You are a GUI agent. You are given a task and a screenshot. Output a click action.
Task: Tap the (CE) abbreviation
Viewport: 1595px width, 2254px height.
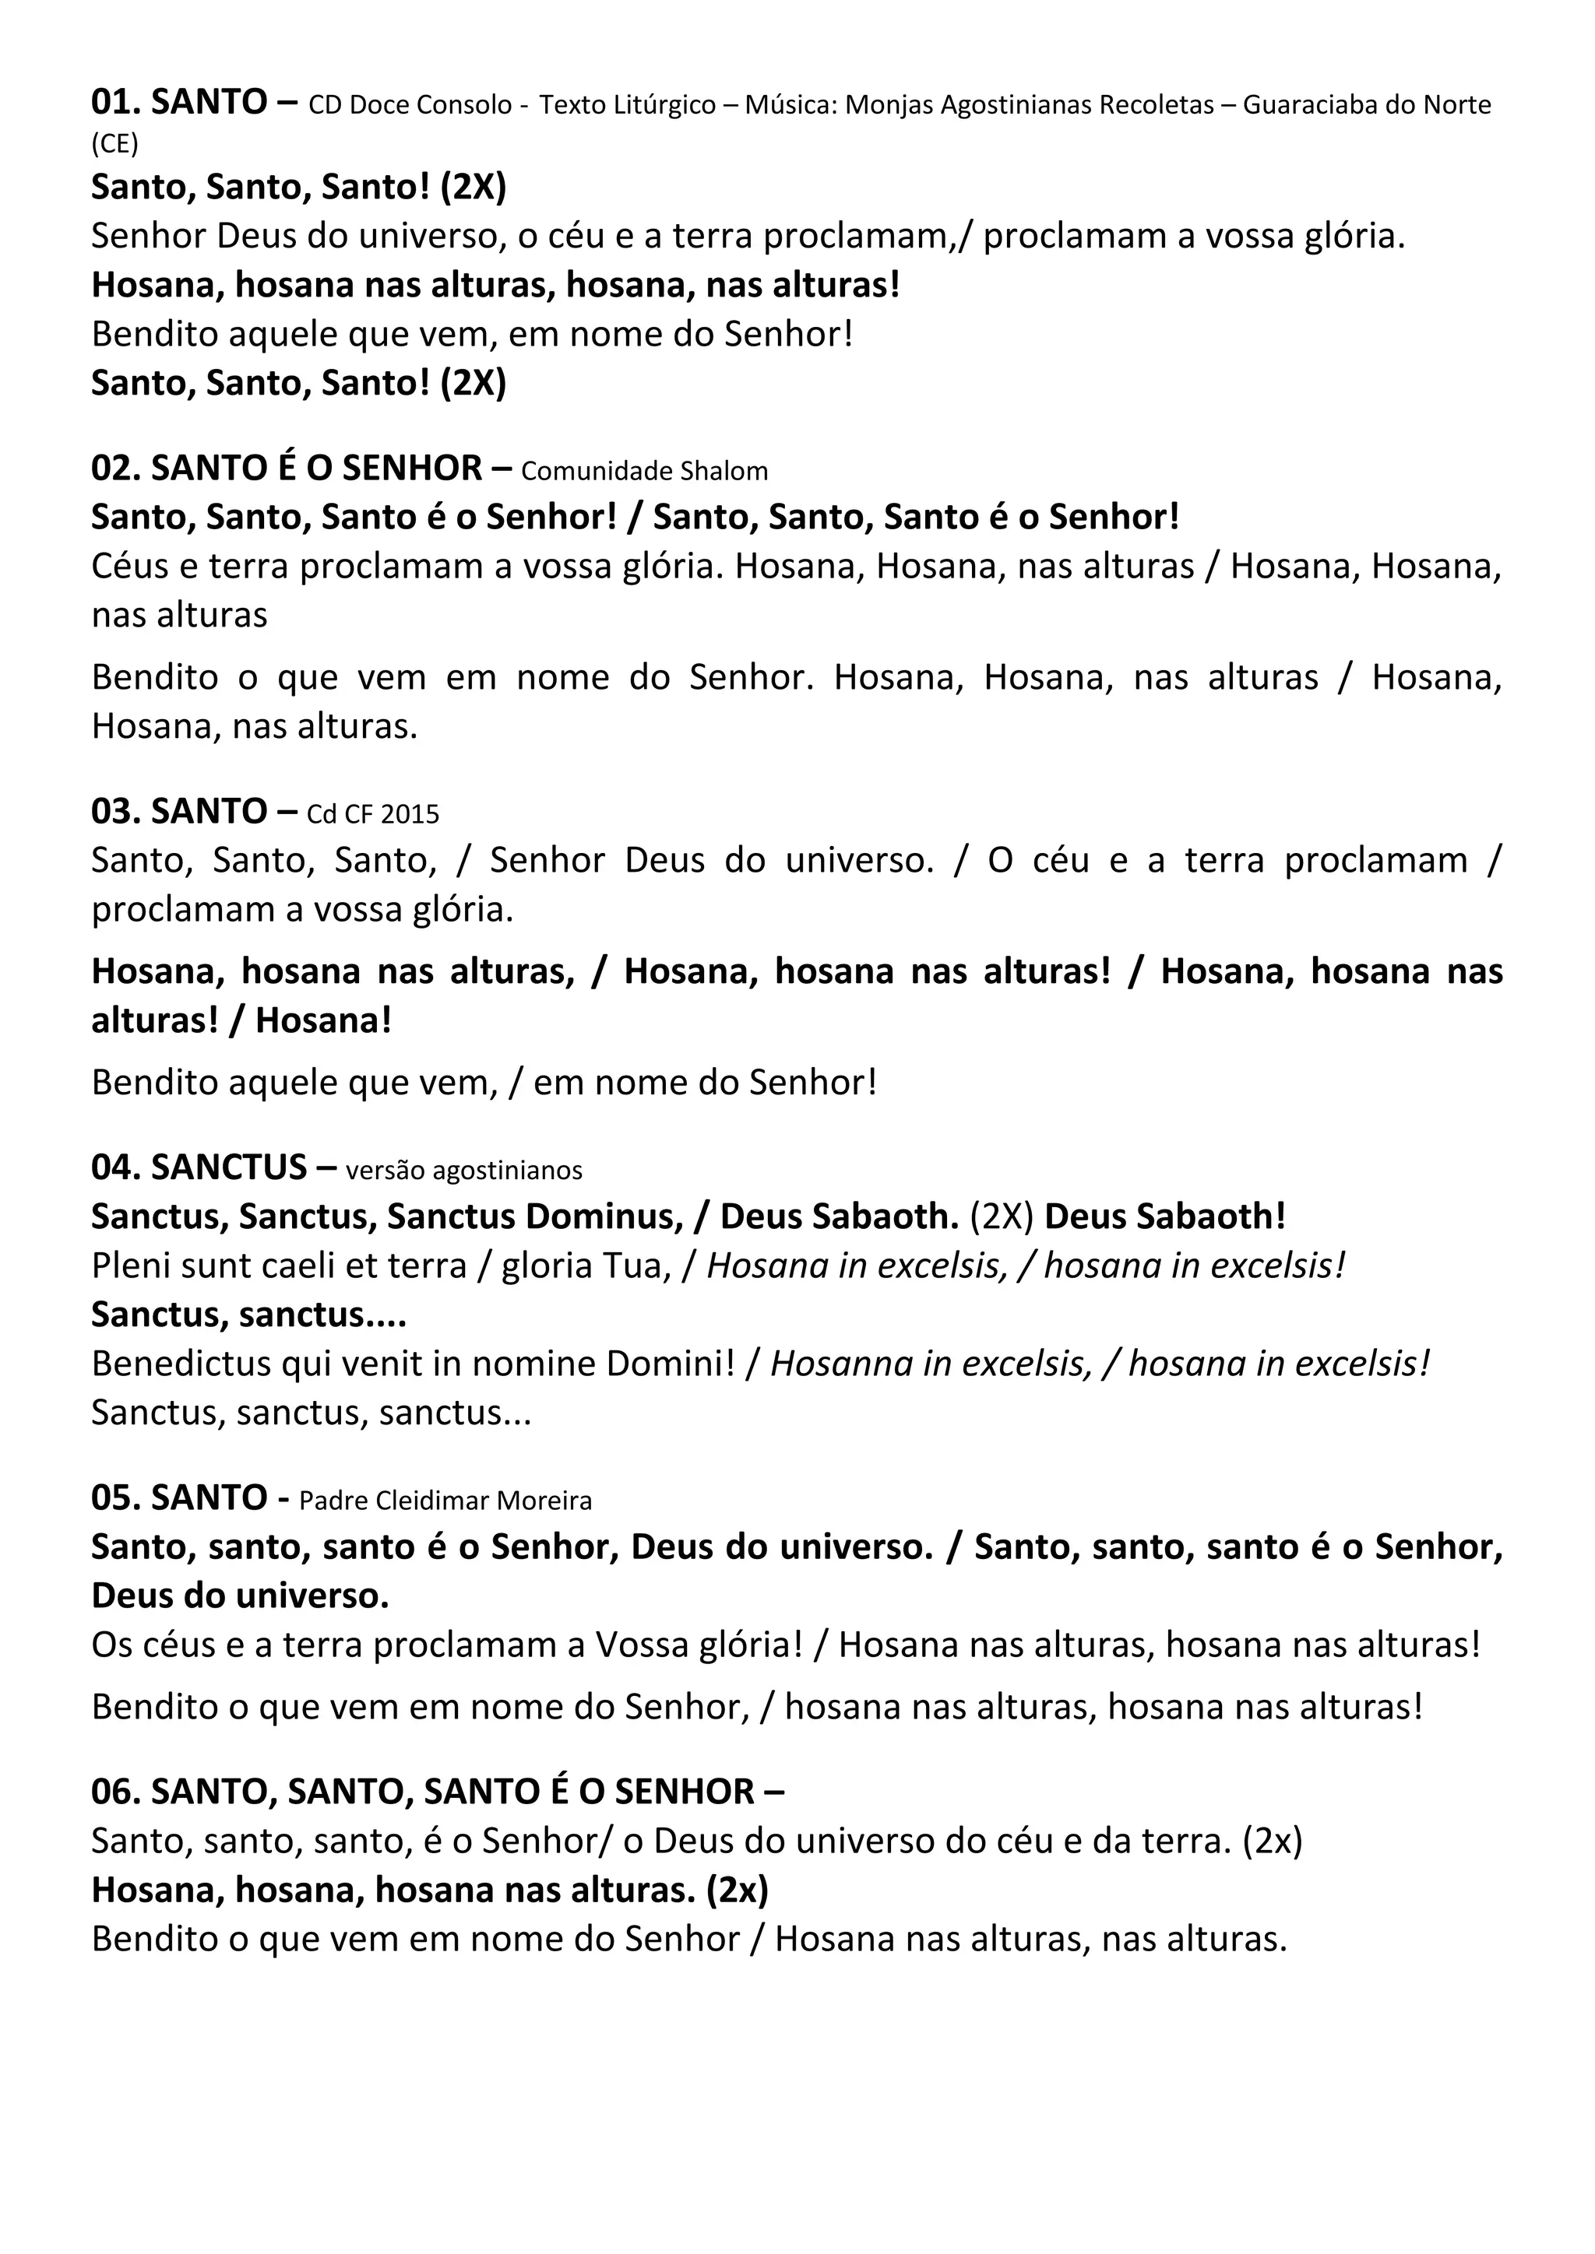[x=115, y=144]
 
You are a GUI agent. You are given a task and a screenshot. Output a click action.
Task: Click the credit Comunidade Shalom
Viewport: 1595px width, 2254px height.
[x=644, y=471]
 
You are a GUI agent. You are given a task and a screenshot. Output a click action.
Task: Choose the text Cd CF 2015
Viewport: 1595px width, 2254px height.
[x=373, y=814]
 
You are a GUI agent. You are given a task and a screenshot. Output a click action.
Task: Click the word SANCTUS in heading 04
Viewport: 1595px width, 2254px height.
[x=229, y=1167]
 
